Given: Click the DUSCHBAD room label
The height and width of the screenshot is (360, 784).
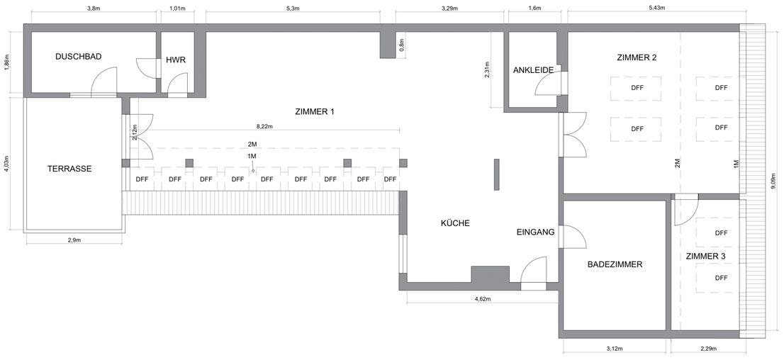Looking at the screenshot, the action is [x=79, y=57].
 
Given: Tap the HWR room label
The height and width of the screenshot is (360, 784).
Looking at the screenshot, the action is [x=176, y=60].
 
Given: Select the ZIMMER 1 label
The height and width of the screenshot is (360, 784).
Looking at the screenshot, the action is [x=315, y=112].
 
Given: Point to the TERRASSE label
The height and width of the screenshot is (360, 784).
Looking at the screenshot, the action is [x=69, y=169].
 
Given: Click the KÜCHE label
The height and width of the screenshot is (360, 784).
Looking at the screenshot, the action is [x=455, y=223].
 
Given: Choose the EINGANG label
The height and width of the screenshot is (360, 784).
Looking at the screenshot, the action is [x=535, y=232].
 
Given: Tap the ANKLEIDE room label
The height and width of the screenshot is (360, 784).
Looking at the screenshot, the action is [x=534, y=70].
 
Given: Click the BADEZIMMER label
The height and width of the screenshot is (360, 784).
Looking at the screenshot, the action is [x=615, y=264].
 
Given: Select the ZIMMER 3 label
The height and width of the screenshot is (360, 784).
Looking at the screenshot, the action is [x=705, y=256].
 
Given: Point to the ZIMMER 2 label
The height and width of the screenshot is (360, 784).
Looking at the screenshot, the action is [x=637, y=57].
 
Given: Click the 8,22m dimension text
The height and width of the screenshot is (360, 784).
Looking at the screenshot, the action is [x=265, y=127].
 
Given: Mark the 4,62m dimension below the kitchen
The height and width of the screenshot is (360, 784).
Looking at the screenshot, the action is [x=483, y=298].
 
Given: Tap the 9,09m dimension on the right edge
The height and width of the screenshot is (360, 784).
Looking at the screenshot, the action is [x=773, y=180].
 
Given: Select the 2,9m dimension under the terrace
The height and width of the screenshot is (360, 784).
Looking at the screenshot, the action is [x=74, y=240].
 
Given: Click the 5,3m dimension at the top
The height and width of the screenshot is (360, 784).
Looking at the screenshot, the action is [x=293, y=8].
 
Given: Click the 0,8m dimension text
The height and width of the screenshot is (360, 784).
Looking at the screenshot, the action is [x=401, y=45].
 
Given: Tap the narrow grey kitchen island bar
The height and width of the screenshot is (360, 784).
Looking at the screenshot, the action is [x=496, y=174].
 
